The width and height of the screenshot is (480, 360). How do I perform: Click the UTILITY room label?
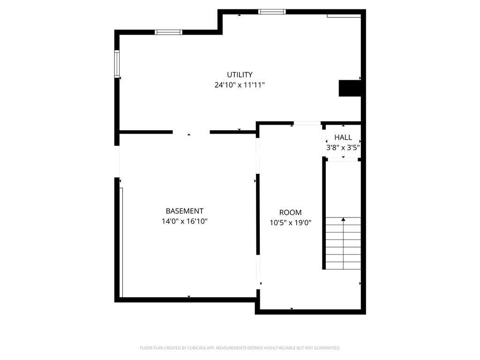click(240, 75)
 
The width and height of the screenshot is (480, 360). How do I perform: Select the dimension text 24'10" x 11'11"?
click(240, 85)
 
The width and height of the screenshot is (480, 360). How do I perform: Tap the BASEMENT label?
click(185, 211)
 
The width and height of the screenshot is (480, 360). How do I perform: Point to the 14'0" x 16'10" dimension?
click(185, 221)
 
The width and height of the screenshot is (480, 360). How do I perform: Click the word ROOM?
click(290, 212)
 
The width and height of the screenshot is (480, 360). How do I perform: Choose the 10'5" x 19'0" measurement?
click(290, 223)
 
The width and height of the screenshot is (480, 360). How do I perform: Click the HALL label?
click(343, 137)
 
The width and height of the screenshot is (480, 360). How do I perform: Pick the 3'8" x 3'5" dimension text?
click(343, 148)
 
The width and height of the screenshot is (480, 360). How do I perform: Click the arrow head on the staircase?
click(343, 219)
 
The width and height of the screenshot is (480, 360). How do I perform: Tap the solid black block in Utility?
click(350, 88)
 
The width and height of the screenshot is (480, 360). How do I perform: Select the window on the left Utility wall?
click(117, 64)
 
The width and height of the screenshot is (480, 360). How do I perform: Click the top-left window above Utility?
click(168, 32)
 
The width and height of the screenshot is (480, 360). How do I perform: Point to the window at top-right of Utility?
click(272, 12)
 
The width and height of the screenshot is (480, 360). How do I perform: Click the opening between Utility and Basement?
click(191, 132)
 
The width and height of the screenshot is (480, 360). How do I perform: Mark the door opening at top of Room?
click(307, 123)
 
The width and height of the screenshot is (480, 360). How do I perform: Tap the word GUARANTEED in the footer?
click(328, 348)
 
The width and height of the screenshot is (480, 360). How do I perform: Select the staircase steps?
click(343, 243)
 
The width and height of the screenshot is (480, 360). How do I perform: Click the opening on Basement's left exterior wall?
click(117, 162)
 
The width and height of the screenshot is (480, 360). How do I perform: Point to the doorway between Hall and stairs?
click(343, 159)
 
